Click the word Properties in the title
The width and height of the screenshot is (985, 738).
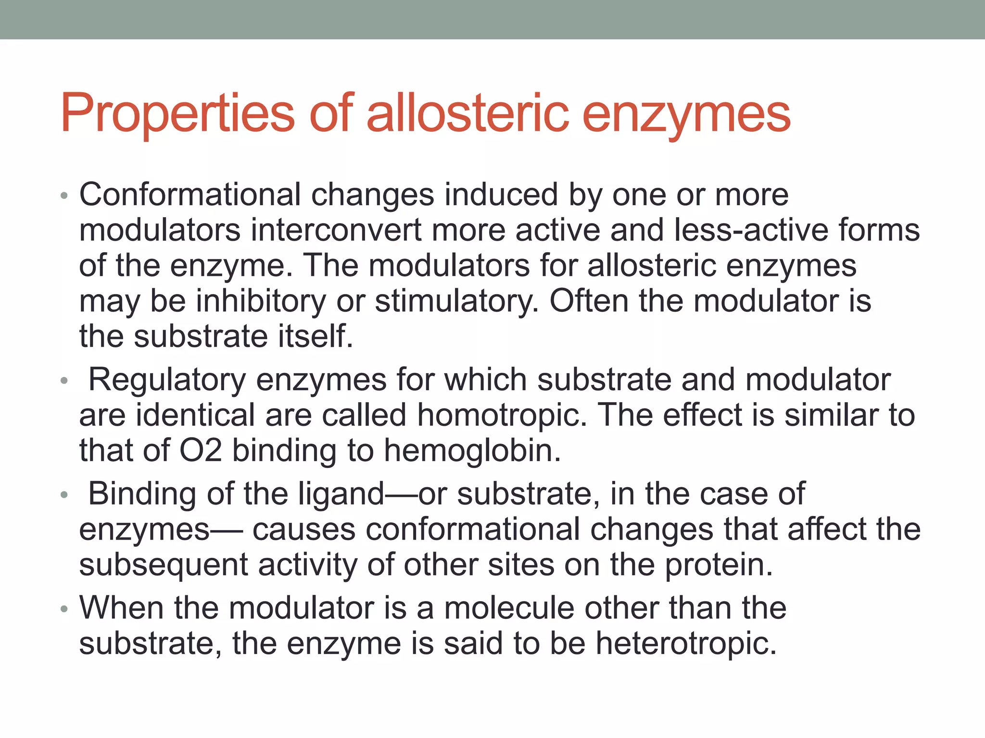pyautogui.click(x=177, y=114)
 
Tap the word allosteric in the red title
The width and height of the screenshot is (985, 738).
pyautogui.click(x=467, y=114)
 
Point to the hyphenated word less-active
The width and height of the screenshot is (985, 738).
pyautogui.click(x=752, y=230)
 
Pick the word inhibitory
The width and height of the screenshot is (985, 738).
pyautogui.click(x=261, y=301)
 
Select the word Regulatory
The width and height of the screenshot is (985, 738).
pyautogui.click(x=167, y=380)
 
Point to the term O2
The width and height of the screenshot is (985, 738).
pyautogui.click(x=201, y=451)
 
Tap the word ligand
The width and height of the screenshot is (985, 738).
pyautogui.click(x=341, y=494)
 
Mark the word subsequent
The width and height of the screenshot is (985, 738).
pyautogui.click(x=164, y=565)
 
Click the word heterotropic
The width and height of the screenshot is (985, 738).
pyautogui.click(x=686, y=643)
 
